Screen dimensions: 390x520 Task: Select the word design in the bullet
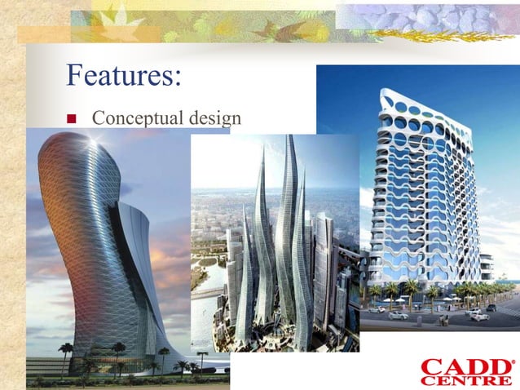pos(214,118)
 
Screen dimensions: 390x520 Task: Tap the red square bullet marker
pos(71,119)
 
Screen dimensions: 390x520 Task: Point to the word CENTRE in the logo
pos(466,380)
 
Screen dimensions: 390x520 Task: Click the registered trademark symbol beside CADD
pos(513,361)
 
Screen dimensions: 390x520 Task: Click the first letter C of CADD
pos(432,366)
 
